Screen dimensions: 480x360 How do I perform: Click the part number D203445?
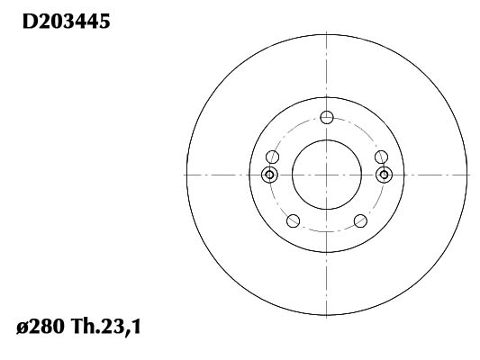click(x=66, y=22)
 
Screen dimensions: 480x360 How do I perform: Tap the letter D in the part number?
click(x=30, y=22)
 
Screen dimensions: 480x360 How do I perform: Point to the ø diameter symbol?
click(x=23, y=328)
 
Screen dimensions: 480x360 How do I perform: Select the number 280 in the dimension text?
click(x=48, y=327)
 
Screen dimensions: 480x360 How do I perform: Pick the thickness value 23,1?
click(x=122, y=327)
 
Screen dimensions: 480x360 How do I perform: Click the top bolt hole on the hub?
click(x=327, y=117)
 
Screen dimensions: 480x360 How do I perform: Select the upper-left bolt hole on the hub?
click(x=273, y=157)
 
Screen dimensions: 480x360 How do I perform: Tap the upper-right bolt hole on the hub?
click(x=382, y=157)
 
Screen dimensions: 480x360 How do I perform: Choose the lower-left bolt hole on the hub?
click(x=293, y=220)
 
